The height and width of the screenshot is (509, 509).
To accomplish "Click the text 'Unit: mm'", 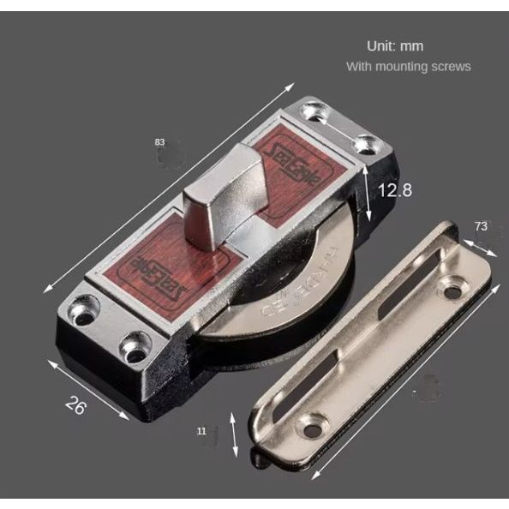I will tap(395, 45).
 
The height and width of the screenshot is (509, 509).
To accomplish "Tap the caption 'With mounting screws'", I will tap(408, 66).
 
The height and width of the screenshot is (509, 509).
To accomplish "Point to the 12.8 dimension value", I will tap(395, 190).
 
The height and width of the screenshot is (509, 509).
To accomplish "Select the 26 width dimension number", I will tap(76, 404).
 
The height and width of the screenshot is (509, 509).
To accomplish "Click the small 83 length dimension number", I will tap(159, 141).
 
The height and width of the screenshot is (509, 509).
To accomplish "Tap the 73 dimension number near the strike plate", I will tap(481, 226).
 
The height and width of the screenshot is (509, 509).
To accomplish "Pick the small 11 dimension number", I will tap(201, 432).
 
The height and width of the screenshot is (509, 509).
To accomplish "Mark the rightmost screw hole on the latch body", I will tap(366, 144).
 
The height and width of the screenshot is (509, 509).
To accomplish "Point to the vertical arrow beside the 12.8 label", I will tap(367, 192).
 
